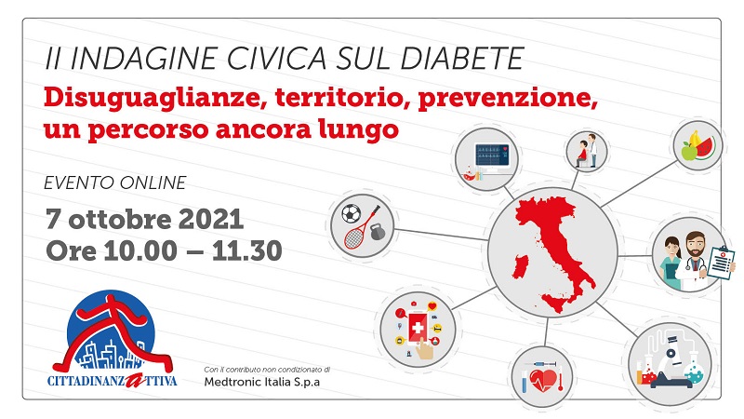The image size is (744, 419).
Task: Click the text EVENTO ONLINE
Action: click(115, 182)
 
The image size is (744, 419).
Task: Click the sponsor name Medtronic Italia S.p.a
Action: click(260, 384)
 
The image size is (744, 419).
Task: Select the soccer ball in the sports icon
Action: click(352, 215)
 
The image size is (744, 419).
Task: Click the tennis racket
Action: click(357, 232)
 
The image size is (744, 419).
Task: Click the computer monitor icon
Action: click(492, 154)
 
